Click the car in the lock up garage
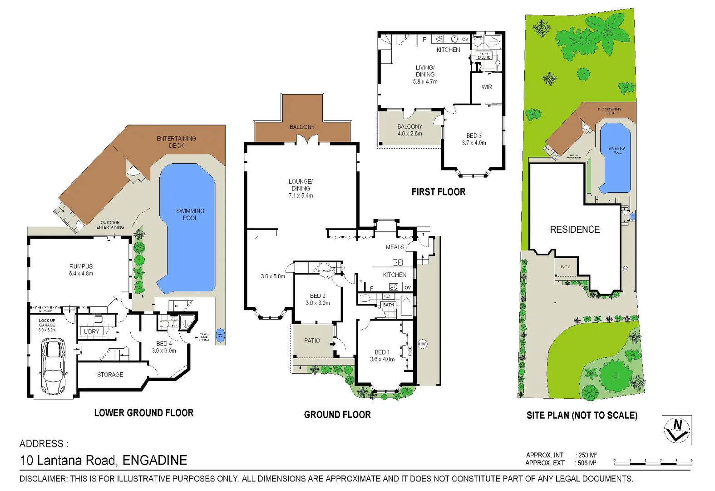coord(54,367)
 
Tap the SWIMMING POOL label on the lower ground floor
coord(190,214)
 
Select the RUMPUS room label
coord(81,270)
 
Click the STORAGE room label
coord(110,375)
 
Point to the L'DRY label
coord(91,331)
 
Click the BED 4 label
coord(164,347)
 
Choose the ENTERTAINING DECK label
coord(176,142)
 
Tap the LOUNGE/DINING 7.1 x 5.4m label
coord(301,188)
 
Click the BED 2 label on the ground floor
coord(317,299)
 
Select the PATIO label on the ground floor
coord(312,341)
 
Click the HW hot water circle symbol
coord(422,344)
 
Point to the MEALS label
coord(394,247)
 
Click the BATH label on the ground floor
coord(388,305)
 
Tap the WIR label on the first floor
coord(487,87)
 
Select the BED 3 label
coord(474,139)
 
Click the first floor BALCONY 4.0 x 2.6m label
coord(409,130)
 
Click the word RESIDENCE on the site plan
coord(575,230)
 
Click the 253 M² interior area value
coord(587,455)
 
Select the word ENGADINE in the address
coord(155,461)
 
